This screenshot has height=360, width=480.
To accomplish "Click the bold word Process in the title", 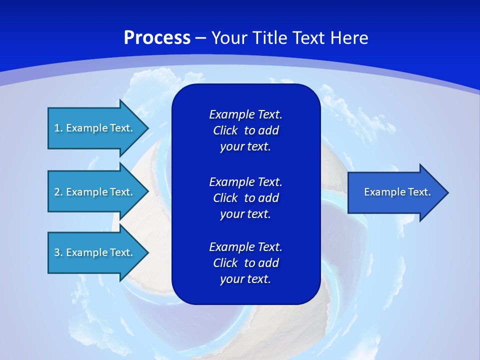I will (157, 38).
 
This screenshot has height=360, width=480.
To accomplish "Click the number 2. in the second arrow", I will (58, 192).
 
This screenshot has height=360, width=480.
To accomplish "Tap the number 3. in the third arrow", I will (58, 252).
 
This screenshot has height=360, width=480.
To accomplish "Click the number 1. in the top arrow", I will (58, 128).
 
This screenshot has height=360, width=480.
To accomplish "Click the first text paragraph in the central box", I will (245, 130).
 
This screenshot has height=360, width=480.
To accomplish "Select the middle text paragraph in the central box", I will (245, 198).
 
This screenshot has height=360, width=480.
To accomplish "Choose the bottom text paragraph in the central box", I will (245, 263).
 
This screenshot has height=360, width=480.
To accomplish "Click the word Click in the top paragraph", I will (225, 131).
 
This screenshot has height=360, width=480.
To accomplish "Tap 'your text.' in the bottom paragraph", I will (245, 279).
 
